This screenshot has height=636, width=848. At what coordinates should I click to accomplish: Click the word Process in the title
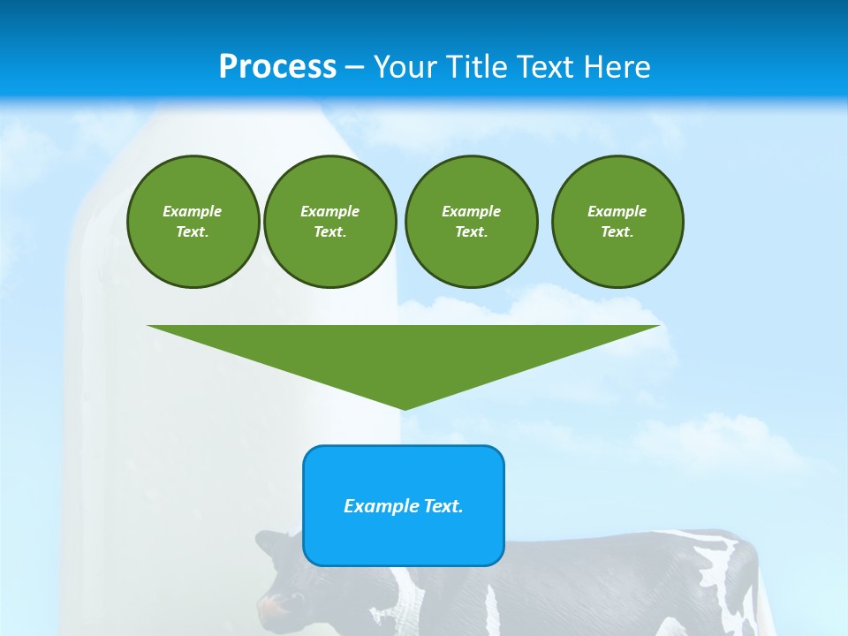coord(277,66)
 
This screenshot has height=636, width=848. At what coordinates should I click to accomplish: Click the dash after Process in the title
coord(354,68)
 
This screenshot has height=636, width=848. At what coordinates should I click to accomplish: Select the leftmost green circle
coord(193,222)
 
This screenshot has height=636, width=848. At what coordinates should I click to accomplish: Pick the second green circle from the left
coord(329,222)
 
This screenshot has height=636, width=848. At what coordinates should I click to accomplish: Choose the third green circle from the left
coord(471,222)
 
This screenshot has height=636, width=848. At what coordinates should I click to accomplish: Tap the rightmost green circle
coord(617,222)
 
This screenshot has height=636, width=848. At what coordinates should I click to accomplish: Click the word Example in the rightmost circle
coord(617,211)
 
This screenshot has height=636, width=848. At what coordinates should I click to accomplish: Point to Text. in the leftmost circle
coord(193,232)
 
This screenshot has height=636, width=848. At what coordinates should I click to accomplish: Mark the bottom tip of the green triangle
coord(404,407)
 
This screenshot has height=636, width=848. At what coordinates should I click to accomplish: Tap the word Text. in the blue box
coord(443,506)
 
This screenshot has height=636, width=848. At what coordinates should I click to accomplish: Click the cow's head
coord(283,583)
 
